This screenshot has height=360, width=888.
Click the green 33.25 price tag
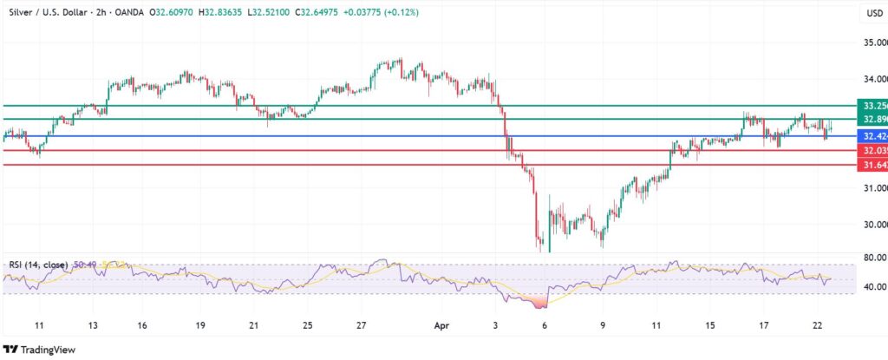pos(872,105)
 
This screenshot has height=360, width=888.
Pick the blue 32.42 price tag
pos(872,136)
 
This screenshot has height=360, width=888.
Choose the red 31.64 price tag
pos(872,165)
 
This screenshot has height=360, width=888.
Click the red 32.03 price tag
pos(872,150)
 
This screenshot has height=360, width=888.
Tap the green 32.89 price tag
pos(872,119)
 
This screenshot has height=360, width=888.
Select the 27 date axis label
pos(361,325)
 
